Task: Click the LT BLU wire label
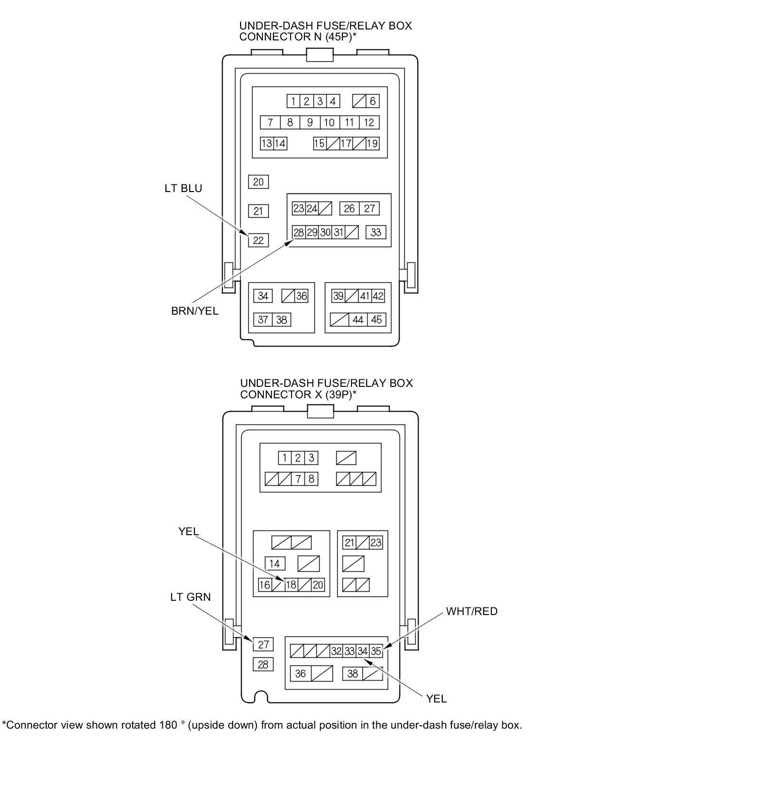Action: point(183,188)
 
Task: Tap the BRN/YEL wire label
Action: point(195,311)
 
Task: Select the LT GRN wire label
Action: point(190,597)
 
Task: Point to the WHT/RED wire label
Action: point(471,611)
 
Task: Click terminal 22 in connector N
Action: point(258,240)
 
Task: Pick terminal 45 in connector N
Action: point(376,320)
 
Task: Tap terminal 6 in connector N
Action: point(372,101)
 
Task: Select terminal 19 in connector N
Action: point(372,143)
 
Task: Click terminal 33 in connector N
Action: point(376,232)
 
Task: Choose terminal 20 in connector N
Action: point(258,182)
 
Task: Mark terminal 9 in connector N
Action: point(310,122)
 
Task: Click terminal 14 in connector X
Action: point(275,564)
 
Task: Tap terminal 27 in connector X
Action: point(263,644)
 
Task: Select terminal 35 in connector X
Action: point(376,651)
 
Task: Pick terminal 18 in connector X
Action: point(291,585)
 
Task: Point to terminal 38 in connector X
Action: point(352,673)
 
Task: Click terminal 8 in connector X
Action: point(312,479)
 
